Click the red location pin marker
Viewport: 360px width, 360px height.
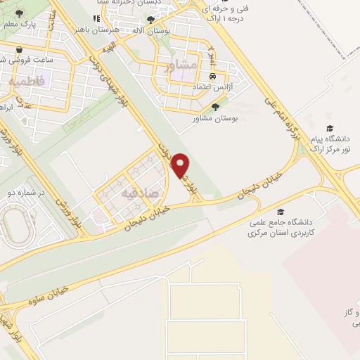pos(181,165)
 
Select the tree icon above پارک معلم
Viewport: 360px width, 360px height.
pos(18,14)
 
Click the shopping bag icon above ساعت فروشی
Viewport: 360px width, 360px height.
pos(19,50)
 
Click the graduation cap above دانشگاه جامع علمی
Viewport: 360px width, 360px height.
pos(281,212)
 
